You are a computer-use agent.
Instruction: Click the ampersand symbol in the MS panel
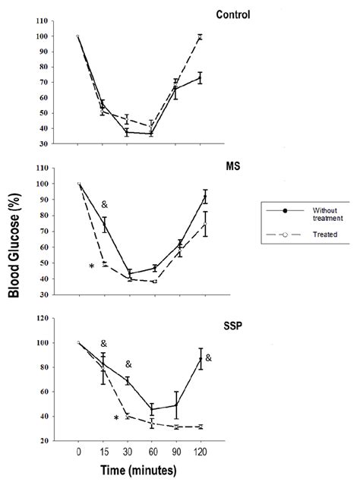(104, 205)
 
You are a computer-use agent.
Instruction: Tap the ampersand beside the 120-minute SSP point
(209, 357)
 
